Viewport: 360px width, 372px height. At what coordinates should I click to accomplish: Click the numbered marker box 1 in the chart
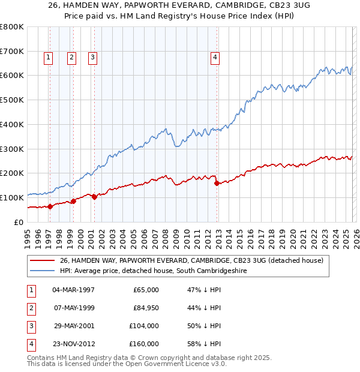[x=48, y=58]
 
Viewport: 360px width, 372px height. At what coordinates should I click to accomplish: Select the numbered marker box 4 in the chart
[x=215, y=58]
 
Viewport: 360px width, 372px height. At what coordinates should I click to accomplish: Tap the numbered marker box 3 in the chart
[x=93, y=58]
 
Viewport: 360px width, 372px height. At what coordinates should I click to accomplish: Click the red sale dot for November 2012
[x=217, y=183]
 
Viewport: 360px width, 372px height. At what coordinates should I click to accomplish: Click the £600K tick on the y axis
[x=12, y=76]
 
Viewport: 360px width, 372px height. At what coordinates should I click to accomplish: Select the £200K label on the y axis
[x=12, y=173]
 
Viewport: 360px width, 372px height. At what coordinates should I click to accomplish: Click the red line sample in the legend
[x=42, y=260]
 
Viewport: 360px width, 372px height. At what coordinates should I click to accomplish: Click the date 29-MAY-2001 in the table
[x=73, y=326]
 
